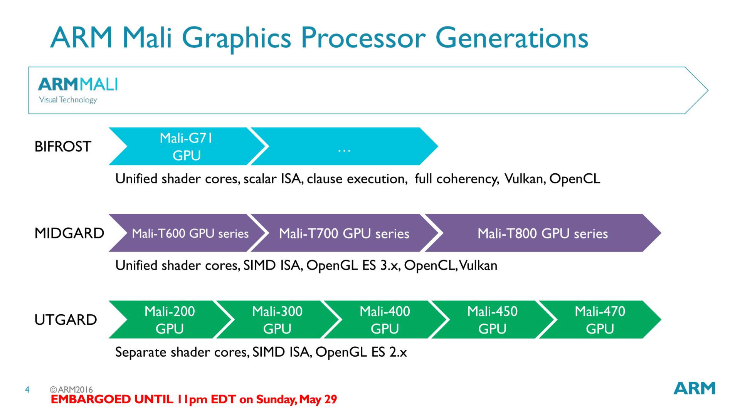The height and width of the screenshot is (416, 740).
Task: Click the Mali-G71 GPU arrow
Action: [187, 146]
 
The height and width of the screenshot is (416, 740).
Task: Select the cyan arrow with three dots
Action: [344, 146]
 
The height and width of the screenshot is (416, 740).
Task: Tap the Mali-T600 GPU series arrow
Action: [187, 233]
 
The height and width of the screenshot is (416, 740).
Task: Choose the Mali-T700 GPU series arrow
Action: [344, 233]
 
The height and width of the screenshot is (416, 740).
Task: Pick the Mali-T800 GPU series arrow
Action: [543, 233]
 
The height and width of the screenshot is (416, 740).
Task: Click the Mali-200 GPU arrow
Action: [170, 320]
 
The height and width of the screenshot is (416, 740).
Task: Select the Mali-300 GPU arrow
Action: [277, 320]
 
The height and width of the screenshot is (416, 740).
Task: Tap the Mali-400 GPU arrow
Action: [385, 320]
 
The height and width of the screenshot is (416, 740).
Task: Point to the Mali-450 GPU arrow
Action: [493, 320]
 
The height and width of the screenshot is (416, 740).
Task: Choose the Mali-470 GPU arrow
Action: [600, 320]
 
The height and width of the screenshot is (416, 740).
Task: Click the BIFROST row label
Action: [63, 147]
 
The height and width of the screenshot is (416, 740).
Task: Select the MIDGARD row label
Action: [69, 233]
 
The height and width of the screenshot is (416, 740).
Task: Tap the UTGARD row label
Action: [66, 320]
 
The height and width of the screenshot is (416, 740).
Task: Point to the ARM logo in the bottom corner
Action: [695, 388]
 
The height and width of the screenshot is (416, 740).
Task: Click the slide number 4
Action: [27, 390]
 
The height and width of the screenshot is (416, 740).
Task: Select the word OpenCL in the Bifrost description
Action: [575, 179]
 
